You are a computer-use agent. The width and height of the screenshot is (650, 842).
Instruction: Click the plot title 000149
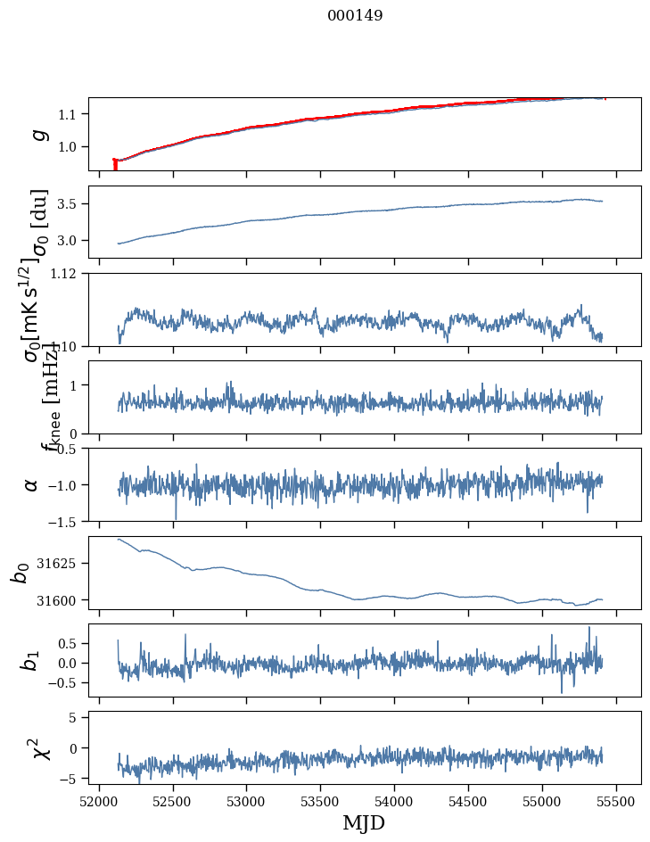click(x=355, y=15)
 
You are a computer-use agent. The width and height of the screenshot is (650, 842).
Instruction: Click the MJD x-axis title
click(x=364, y=822)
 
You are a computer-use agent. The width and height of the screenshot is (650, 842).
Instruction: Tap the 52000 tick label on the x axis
click(x=99, y=799)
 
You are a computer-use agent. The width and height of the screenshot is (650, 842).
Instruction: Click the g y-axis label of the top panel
click(x=38, y=134)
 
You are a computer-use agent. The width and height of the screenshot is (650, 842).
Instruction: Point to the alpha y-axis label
click(x=32, y=484)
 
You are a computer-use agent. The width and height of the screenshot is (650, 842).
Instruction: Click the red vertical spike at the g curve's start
click(x=115, y=165)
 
